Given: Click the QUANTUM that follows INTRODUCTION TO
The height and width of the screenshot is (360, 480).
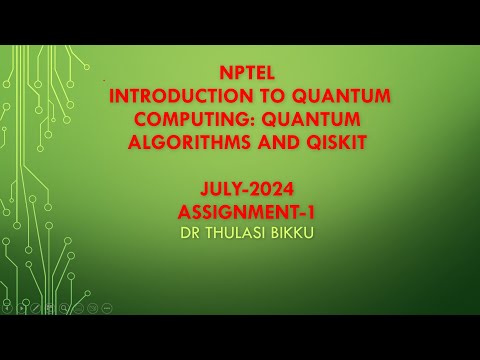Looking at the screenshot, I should pyautogui.click(x=338, y=97).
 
